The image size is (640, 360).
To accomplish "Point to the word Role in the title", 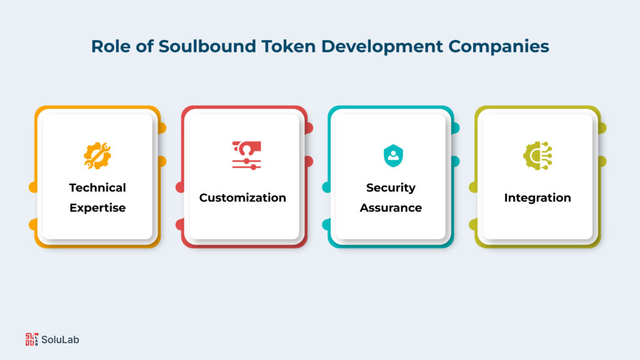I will [x=109, y=47].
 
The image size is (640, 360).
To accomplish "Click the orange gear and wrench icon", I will [x=97, y=155].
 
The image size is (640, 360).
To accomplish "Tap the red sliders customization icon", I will [x=246, y=155].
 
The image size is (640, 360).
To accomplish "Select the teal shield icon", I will [x=392, y=155].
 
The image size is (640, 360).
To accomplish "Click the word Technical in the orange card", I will [x=97, y=187].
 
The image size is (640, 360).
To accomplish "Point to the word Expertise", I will [x=97, y=207].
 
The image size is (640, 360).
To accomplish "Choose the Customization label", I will [x=242, y=197].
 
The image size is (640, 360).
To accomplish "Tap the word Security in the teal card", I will [x=391, y=187].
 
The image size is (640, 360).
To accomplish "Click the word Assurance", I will [x=391, y=207].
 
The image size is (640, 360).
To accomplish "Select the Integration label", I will [x=537, y=197].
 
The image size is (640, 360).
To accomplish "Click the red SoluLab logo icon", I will [x=31, y=339].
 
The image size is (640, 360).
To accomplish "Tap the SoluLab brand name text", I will [x=61, y=340].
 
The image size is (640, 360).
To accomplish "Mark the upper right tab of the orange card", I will [x=161, y=128].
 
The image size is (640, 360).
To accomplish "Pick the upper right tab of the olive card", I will [x=602, y=128].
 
